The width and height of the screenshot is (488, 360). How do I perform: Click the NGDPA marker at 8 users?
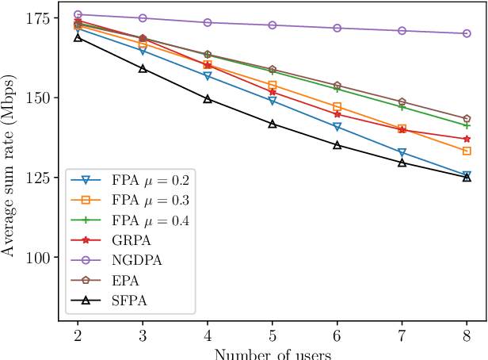(467, 33)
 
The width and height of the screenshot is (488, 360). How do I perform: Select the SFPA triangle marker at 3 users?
(143, 69)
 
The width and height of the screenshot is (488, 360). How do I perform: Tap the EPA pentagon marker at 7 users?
(402, 102)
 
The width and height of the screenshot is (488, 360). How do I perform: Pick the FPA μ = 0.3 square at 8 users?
(467, 151)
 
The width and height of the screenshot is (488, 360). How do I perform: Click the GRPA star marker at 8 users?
(467, 140)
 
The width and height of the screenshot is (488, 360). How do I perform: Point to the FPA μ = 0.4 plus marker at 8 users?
(467, 125)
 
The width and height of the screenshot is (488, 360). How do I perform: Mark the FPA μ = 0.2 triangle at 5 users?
(273, 101)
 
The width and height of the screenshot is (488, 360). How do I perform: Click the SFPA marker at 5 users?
(273, 124)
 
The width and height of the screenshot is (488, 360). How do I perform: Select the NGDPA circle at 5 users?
(273, 25)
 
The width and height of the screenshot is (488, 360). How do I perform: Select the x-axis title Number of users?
(272, 353)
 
